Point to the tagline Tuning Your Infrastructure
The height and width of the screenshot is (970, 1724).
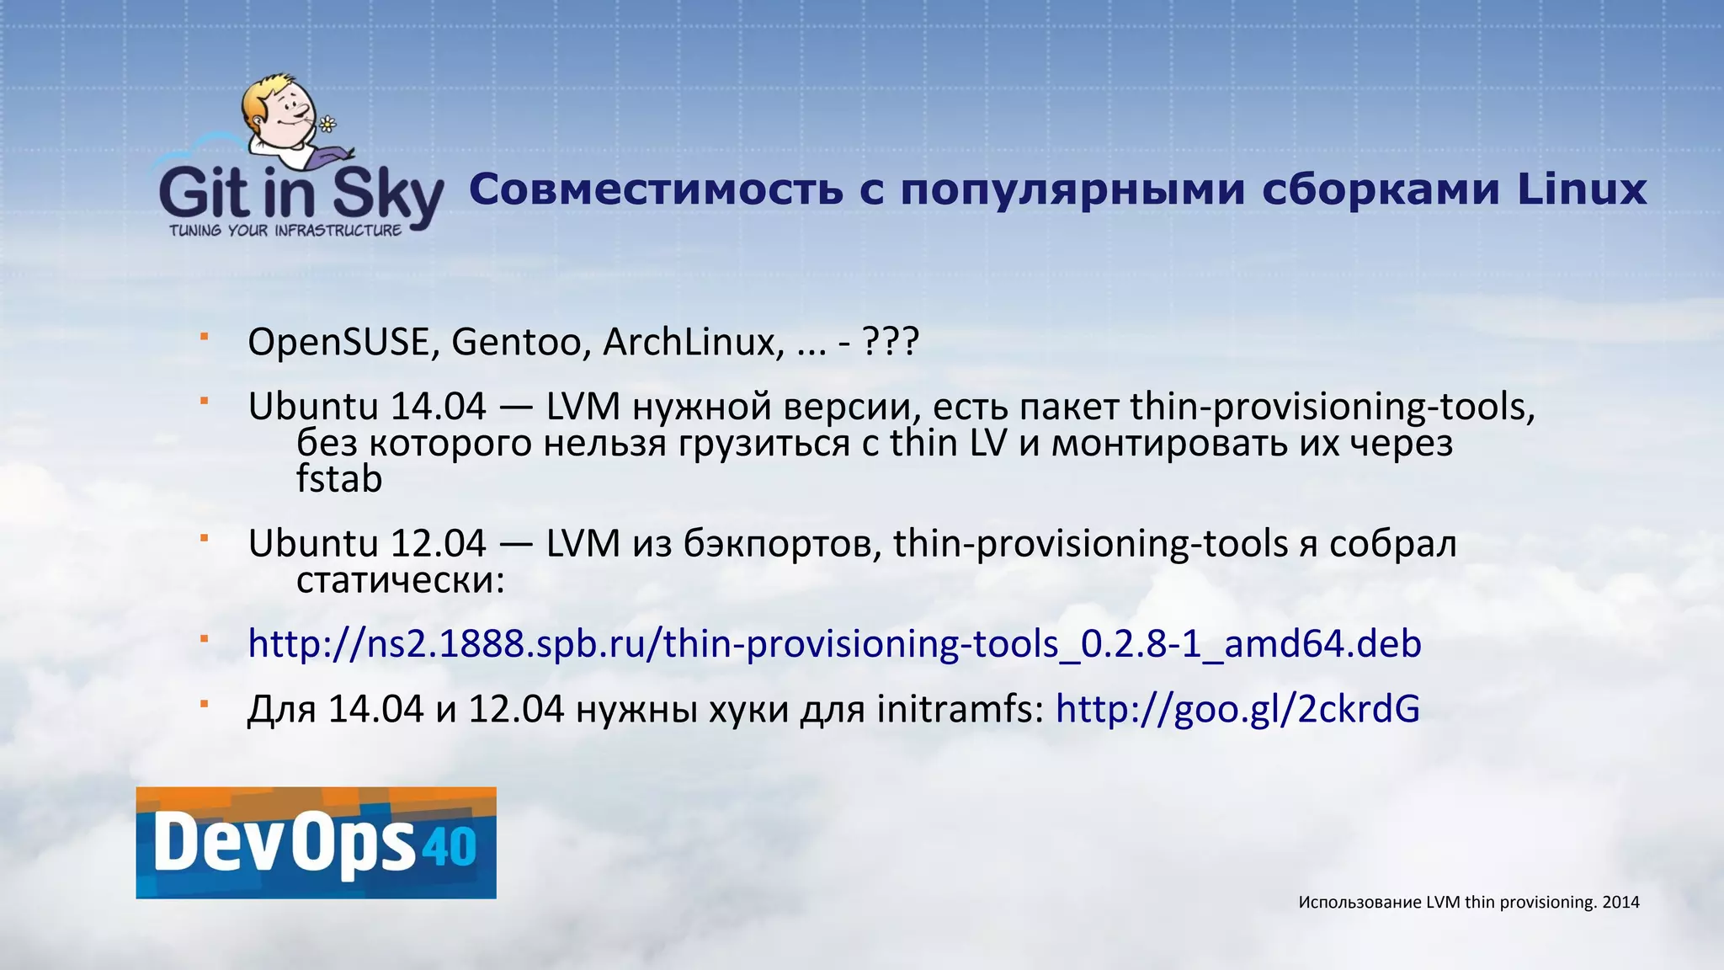point(285,231)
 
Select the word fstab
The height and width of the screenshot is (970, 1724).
point(339,479)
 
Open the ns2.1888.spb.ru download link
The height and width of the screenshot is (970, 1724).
point(834,644)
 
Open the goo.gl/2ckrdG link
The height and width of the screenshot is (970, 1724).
point(1237,709)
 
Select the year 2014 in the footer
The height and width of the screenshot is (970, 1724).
point(1620,903)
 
